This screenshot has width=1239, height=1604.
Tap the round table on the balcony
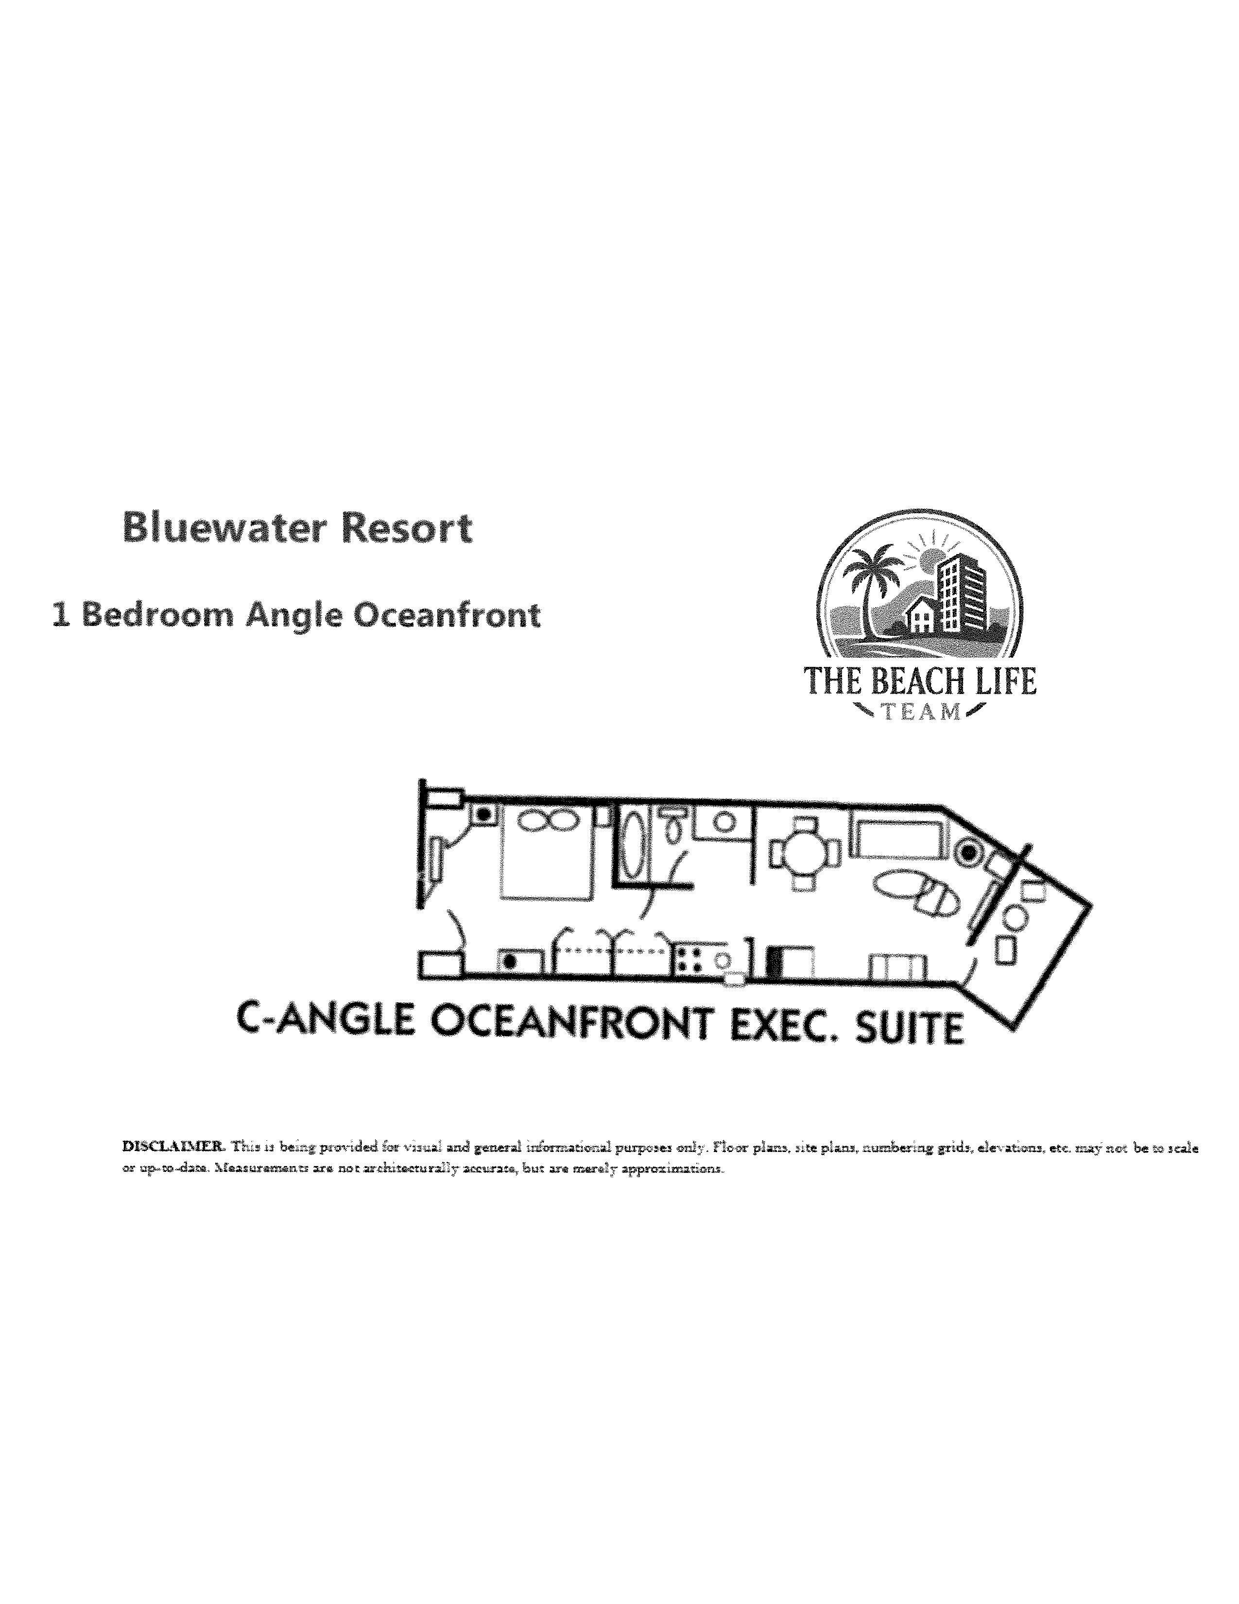pyautogui.click(x=1015, y=917)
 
